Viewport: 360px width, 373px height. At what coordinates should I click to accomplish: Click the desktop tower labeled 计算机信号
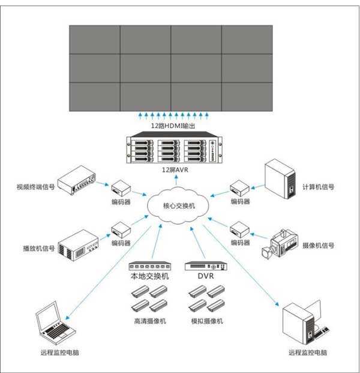281,178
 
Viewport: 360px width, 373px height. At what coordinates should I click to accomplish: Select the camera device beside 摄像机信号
281,244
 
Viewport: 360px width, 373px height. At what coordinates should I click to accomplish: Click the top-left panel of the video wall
94,40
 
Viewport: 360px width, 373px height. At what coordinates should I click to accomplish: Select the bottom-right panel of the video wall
248,96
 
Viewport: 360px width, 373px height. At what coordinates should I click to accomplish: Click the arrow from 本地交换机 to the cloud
158,240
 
